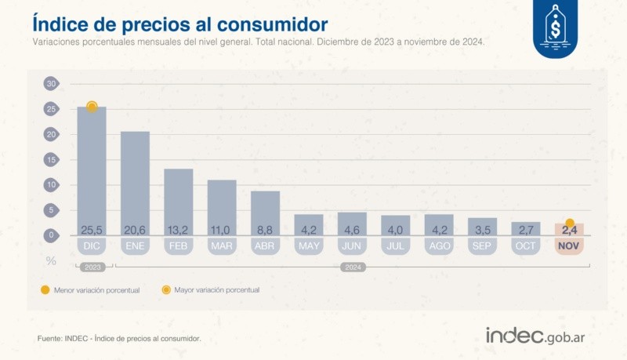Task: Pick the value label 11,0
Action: tap(222, 230)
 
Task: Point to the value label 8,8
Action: tap(266, 230)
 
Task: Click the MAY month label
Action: tap(309, 246)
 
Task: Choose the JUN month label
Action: tap(353, 246)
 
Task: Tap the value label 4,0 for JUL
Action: tap(396, 230)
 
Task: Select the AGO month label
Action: tap(439, 246)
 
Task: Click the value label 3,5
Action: tap(483, 230)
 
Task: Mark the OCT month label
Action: tap(526, 246)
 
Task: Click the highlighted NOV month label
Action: tap(570, 246)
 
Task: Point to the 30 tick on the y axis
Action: tap(51, 84)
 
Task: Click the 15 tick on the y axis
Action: tap(51, 159)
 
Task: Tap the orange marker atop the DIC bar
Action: tap(92, 107)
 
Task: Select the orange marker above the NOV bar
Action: tap(570, 223)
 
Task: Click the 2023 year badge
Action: tap(92, 267)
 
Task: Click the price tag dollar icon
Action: tap(558, 29)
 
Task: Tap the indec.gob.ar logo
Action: tap(538, 335)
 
